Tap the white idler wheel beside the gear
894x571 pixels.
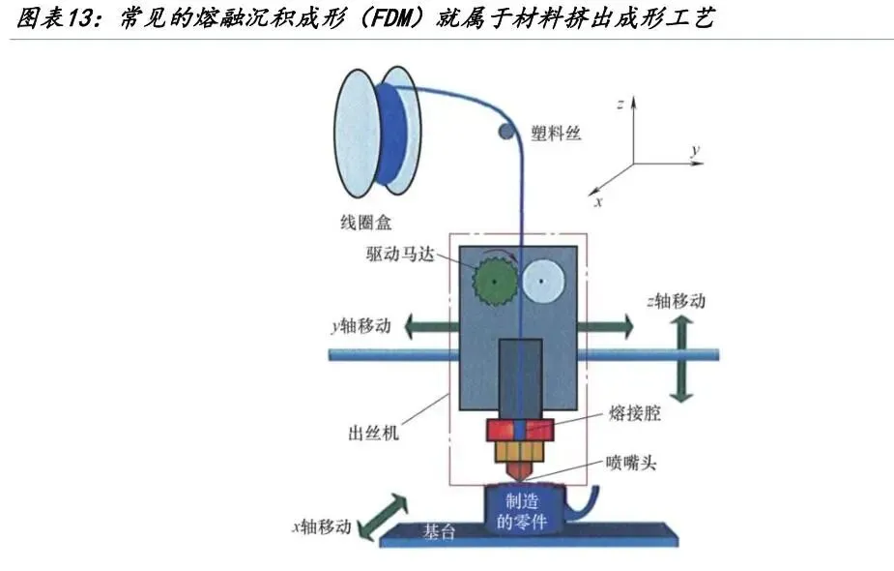pos(543,280)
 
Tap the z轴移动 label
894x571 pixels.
pos(677,301)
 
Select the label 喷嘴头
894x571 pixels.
pos(631,464)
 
